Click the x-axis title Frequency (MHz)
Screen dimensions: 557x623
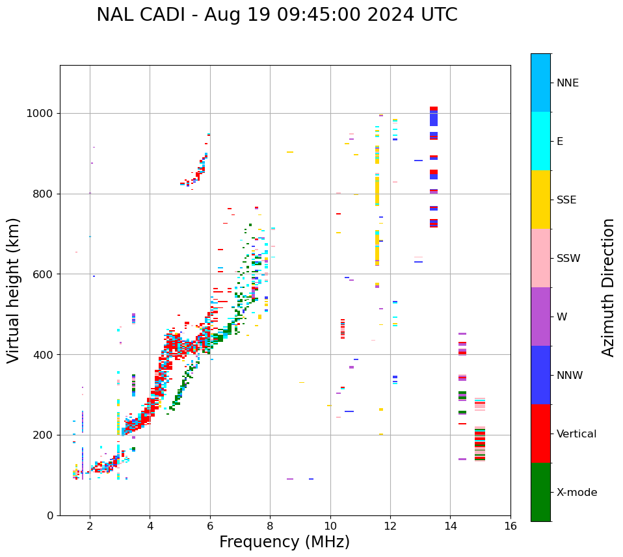click(284, 542)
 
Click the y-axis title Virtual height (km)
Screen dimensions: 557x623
click(14, 291)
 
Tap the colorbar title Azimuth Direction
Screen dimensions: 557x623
click(608, 287)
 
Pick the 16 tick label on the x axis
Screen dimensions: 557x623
click(510, 525)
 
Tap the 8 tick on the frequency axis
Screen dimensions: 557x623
click(270, 525)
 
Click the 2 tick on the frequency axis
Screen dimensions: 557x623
click(90, 525)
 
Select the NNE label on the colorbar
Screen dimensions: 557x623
click(568, 83)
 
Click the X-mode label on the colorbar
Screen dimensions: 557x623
click(577, 493)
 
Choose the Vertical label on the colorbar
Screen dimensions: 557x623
click(576, 434)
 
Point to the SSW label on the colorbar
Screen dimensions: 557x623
click(568, 259)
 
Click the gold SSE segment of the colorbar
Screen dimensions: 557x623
click(540, 200)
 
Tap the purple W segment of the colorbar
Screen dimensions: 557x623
click(540, 317)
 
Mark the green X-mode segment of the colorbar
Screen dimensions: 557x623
click(540, 492)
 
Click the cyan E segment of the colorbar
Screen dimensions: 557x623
click(540, 141)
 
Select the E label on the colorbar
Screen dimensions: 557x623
click(560, 142)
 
